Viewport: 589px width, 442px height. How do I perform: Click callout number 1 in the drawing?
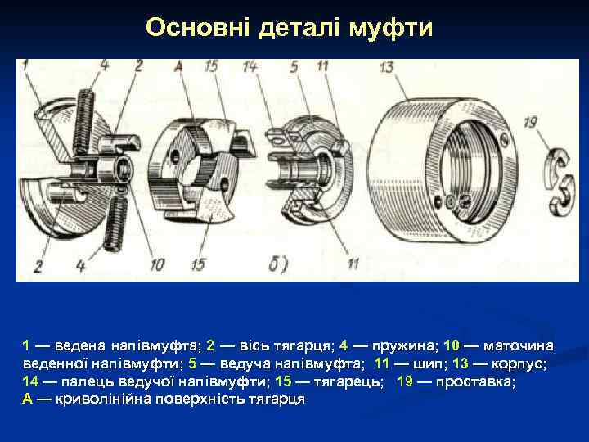point(25,65)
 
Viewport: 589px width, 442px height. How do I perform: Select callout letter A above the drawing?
point(178,66)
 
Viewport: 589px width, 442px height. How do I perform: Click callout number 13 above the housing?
point(387,66)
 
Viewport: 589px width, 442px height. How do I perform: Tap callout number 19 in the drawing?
point(530,122)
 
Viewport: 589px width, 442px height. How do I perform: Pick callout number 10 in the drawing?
point(156,264)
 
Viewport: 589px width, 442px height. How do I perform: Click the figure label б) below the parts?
point(278,264)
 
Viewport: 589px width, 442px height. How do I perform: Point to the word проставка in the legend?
point(476,381)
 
